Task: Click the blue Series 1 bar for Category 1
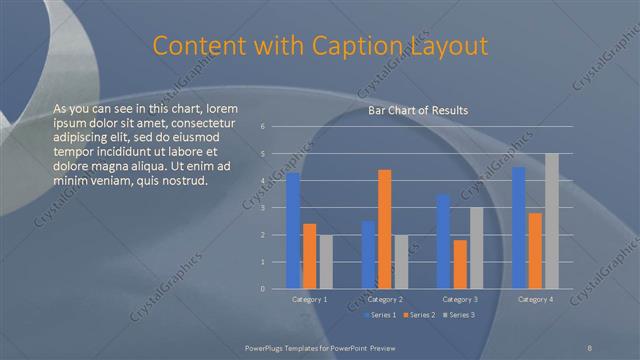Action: (x=293, y=230)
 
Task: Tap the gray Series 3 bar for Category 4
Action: (x=552, y=221)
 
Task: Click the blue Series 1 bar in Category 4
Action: (x=519, y=228)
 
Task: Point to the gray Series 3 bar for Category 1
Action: (x=326, y=262)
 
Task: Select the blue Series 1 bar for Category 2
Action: (x=369, y=255)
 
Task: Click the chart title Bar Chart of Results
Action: (x=417, y=110)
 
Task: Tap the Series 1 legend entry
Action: (x=381, y=315)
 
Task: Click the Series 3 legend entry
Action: (x=459, y=315)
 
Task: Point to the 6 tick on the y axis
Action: (x=262, y=127)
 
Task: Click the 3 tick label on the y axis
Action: (x=262, y=208)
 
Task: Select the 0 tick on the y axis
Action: (x=262, y=289)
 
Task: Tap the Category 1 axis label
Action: (x=310, y=299)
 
